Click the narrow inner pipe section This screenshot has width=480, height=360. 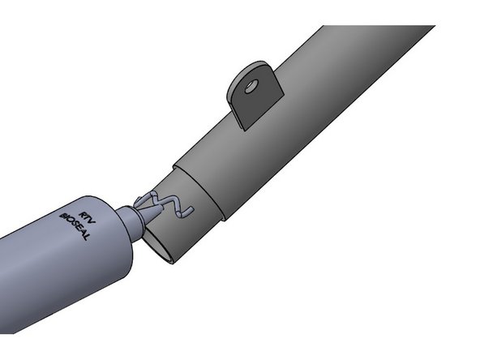[191, 219]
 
